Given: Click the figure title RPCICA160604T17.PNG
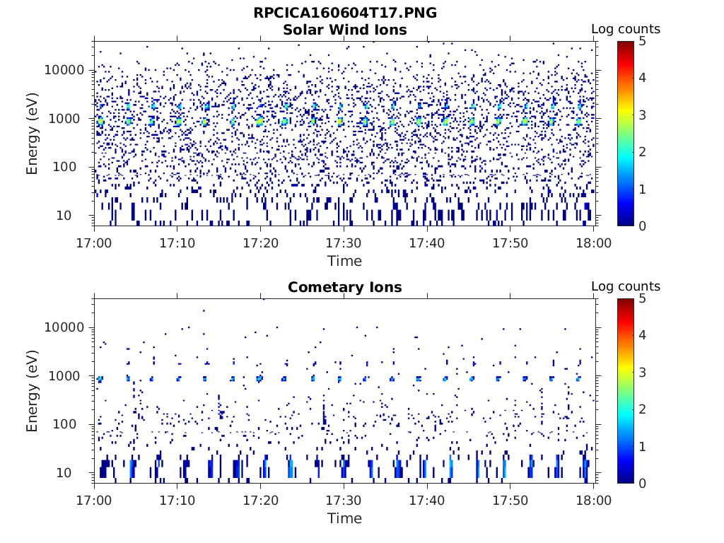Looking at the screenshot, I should [345, 13].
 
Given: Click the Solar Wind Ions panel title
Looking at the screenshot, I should [345, 30].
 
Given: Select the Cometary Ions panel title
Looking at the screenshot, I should [345, 287].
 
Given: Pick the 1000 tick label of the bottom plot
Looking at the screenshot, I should [69, 376].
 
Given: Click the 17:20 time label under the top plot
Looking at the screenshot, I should [261, 243].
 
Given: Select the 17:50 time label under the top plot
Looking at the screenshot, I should [510, 243].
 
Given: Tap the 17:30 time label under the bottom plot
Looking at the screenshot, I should [344, 501].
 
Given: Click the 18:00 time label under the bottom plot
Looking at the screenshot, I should [594, 501].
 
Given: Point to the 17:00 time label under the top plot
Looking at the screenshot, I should [95, 243].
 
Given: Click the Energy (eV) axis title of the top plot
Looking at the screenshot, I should [33, 134].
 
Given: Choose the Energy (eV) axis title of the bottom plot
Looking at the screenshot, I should [33, 391].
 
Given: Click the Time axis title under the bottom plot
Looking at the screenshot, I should [344, 518].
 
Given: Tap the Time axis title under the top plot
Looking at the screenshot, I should [344, 261].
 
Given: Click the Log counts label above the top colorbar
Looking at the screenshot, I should [626, 30].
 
